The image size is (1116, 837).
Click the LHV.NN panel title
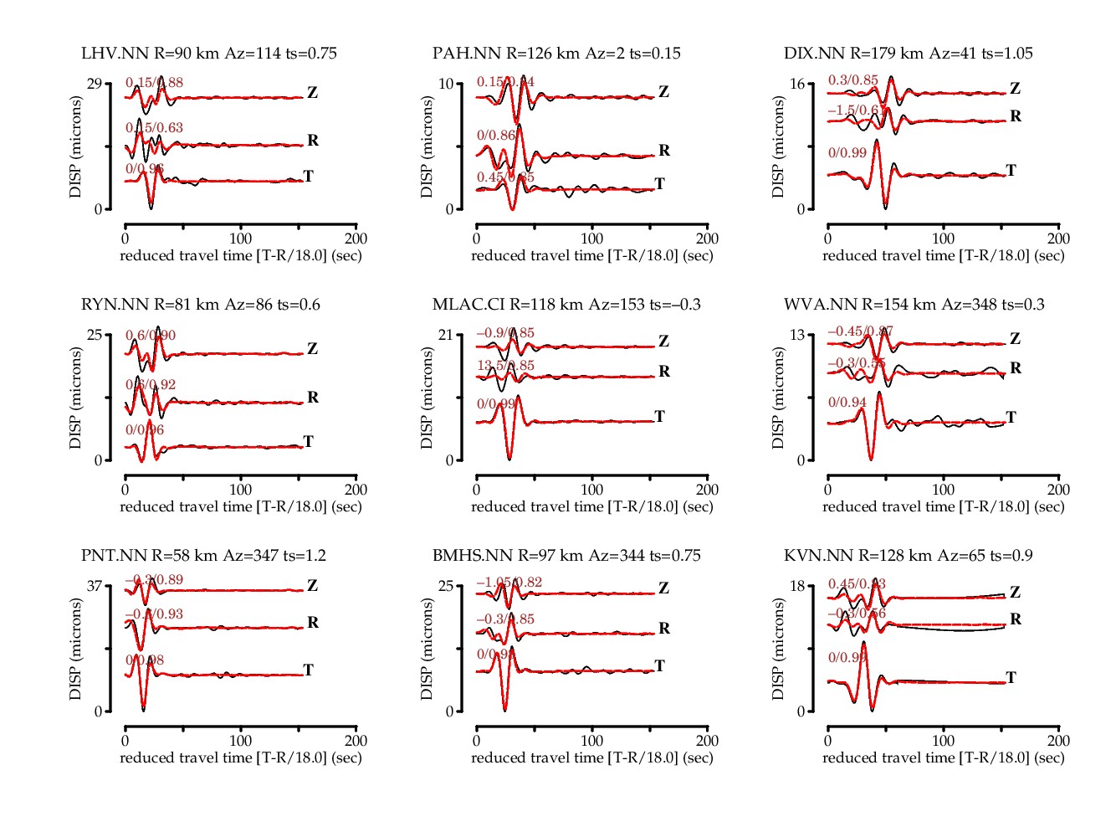(209, 54)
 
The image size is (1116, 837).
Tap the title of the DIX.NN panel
(909, 54)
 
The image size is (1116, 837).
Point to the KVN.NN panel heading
(909, 556)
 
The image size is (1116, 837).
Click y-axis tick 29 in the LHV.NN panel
(94, 84)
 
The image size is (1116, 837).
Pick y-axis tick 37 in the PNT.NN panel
(94, 586)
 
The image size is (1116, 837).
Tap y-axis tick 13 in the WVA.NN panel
(796, 335)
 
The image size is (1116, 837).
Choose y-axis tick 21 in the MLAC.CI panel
(445, 335)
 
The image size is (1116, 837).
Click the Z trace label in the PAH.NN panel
(663, 92)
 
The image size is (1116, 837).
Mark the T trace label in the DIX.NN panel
(1011, 171)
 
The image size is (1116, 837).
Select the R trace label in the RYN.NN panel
(313, 398)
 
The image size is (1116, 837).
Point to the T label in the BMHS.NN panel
(659, 666)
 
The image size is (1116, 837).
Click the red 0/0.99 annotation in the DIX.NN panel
(847, 153)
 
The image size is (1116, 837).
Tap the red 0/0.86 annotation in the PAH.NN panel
(496, 136)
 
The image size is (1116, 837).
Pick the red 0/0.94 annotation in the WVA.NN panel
(847, 403)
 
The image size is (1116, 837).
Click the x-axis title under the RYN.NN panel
(241, 507)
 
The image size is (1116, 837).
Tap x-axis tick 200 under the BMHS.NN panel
(707, 741)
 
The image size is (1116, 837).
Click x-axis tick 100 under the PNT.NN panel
(241, 741)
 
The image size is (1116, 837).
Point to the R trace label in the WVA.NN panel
(1016, 368)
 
